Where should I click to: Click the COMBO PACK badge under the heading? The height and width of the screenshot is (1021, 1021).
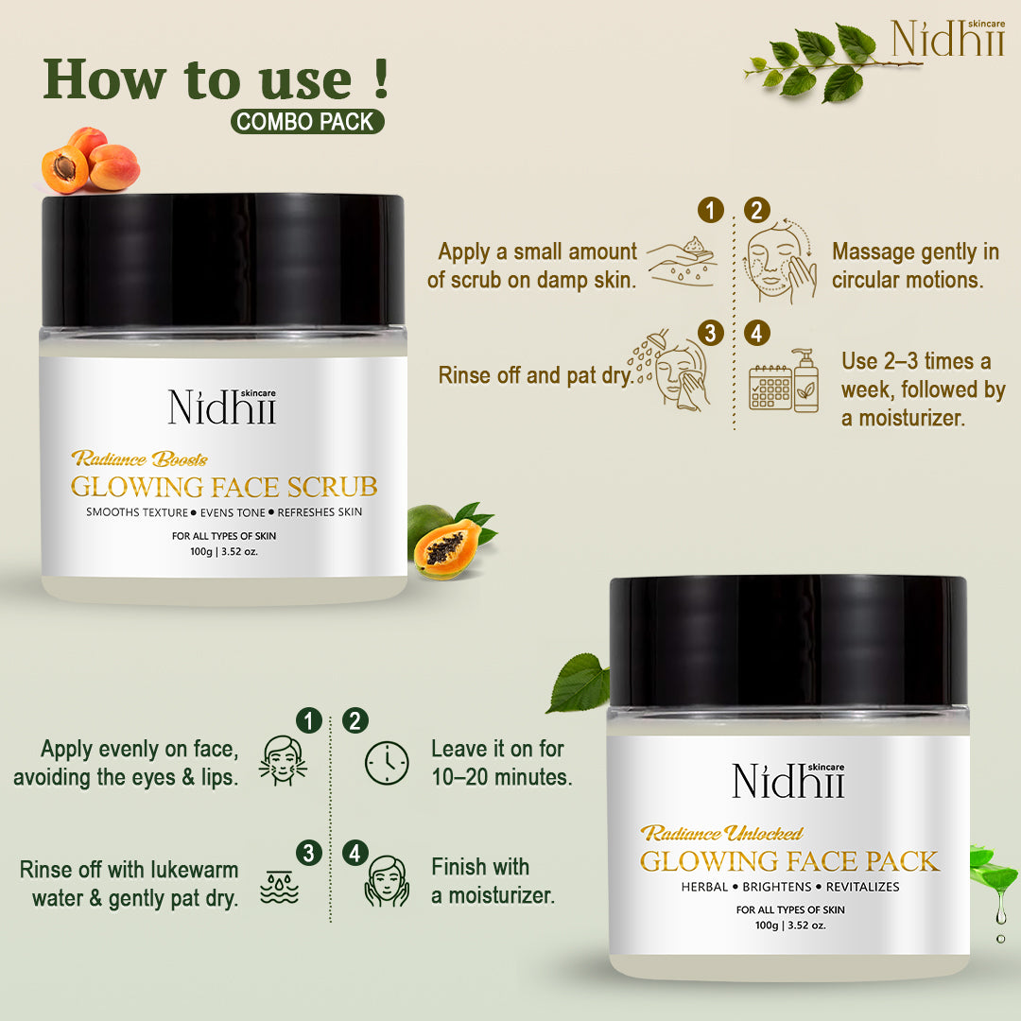308,121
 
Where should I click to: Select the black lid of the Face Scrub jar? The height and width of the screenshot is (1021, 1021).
223,259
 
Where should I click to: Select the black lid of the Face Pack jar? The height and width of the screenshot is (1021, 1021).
787,640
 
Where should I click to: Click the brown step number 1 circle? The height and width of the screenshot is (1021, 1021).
710,210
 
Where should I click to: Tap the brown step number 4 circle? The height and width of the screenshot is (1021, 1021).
756,333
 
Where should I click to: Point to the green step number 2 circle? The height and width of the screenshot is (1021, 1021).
355,721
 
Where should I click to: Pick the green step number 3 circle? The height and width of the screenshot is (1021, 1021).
307,852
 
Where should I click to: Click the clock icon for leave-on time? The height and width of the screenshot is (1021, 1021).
387,760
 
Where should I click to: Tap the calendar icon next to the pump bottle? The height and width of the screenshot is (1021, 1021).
770,389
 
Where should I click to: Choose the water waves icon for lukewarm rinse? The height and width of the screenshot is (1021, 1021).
279,886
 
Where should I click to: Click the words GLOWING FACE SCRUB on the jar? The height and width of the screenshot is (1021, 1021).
224,487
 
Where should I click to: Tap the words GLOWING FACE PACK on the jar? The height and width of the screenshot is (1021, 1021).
789,861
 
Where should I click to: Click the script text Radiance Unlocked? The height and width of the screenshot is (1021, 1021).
721,833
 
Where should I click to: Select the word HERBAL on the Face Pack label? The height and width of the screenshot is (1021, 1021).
704,887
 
